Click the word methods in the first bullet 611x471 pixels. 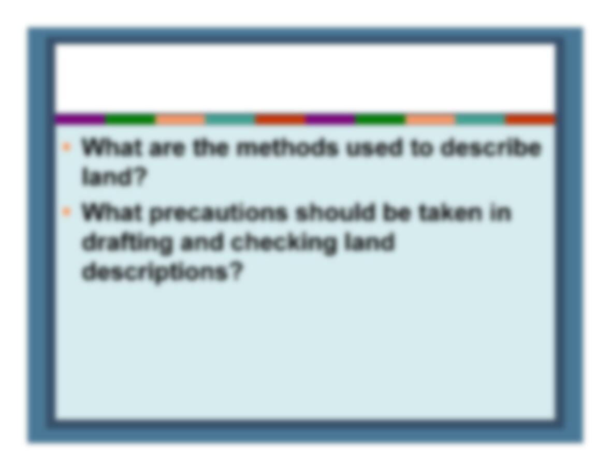(x=287, y=148)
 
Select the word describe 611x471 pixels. (x=491, y=148)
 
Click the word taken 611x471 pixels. (x=450, y=212)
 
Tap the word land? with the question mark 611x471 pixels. (x=114, y=177)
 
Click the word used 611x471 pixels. (x=374, y=148)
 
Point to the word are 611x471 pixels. (x=166, y=149)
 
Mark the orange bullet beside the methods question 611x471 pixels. (x=67, y=147)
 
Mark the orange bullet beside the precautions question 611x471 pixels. (x=67, y=211)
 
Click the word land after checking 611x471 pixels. (x=369, y=242)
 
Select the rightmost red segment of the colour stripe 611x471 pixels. (x=530, y=119)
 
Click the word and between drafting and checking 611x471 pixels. (x=201, y=242)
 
